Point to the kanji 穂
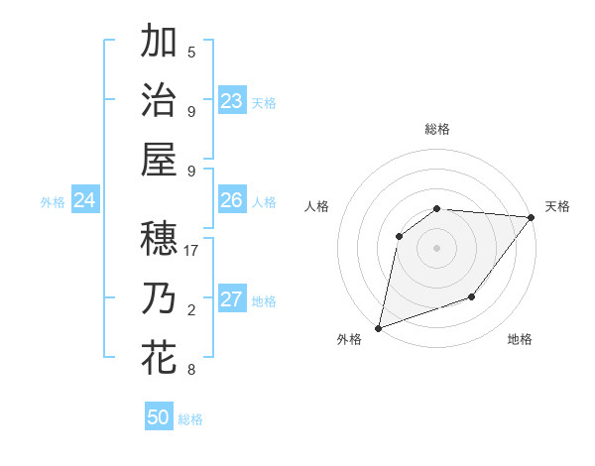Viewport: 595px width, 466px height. click(x=159, y=239)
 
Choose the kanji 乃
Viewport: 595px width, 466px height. click(x=159, y=298)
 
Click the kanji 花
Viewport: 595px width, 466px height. click(x=159, y=358)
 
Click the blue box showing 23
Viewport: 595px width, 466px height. click(x=232, y=101)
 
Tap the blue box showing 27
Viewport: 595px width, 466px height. click(x=232, y=300)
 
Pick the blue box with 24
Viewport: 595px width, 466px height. click(x=85, y=201)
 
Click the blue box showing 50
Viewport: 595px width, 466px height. click(x=159, y=417)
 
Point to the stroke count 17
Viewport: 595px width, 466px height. click(x=191, y=251)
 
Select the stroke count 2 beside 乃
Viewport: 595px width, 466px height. click(x=191, y=310)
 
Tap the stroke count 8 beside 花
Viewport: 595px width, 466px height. click(x=191, y=370)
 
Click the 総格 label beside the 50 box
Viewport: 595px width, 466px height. click(x=190, y=419)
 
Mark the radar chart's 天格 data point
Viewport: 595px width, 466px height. click(x=532, y=218)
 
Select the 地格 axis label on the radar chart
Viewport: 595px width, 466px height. click(x=520, y=339)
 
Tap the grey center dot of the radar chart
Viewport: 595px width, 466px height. click(x=436, y=247)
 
